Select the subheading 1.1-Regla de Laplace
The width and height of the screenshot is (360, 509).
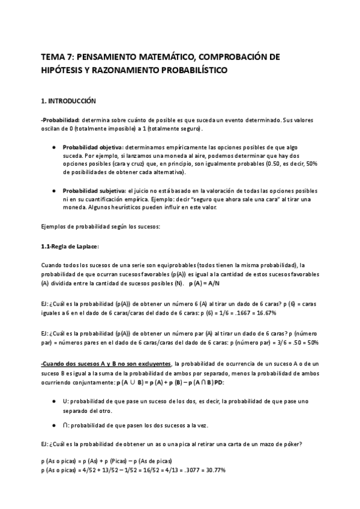click(x=70, y=247)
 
